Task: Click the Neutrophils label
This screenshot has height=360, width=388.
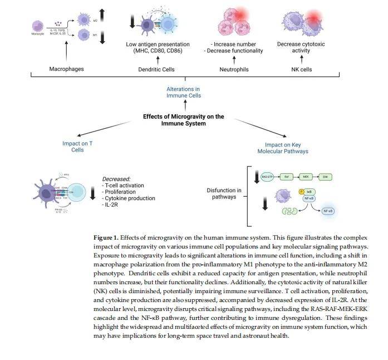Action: [233, 70]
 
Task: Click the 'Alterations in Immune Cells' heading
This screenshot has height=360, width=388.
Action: [183, 93]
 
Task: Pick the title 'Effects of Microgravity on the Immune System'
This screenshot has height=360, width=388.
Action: [183, 120]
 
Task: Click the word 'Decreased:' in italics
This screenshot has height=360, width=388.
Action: [116, 179]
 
